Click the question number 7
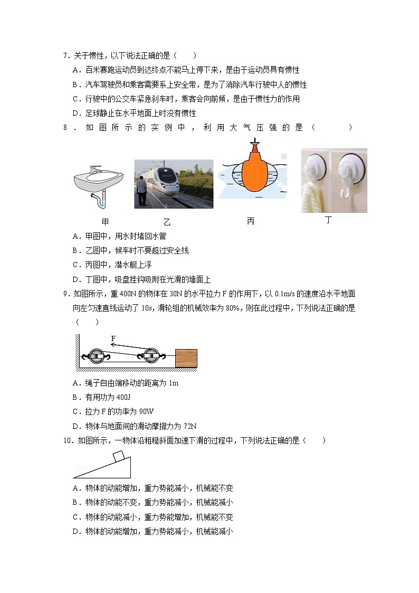click(65, 55)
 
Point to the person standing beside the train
click(141, 191)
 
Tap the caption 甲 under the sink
click(105, 222)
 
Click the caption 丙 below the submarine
click(251, 221)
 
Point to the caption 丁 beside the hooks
click(329, 220)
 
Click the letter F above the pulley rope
click(113, 338)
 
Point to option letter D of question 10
click(75, 532)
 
